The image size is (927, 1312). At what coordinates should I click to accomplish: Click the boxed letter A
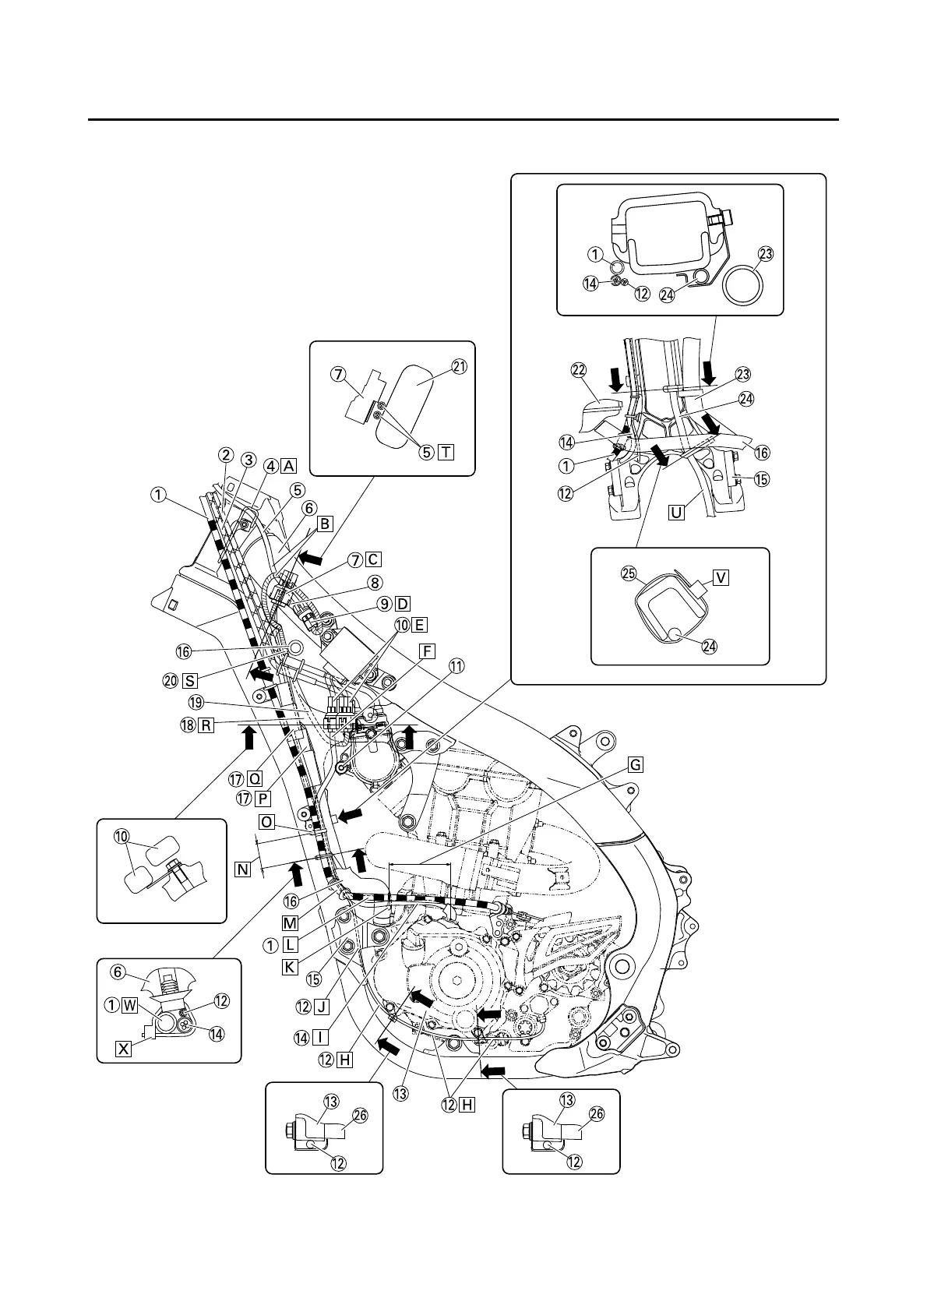click(289, 466)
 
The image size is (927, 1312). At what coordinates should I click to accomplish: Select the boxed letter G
click(636, 765)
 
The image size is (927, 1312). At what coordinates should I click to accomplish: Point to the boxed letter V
click(721, 577)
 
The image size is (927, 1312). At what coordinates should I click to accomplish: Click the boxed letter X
click(123, 1049)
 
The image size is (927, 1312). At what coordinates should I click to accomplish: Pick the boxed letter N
click(243, 867)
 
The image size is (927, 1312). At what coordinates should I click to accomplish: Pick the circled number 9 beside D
click(383, 604)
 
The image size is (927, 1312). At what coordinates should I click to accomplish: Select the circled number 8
click(375, 581)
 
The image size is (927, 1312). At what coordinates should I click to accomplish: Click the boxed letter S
click(189, 679)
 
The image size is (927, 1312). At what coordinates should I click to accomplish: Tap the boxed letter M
click(290, 923)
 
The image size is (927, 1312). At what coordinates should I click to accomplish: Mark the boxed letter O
click(266, 822)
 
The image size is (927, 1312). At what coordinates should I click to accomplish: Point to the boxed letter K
click(290, 966)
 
